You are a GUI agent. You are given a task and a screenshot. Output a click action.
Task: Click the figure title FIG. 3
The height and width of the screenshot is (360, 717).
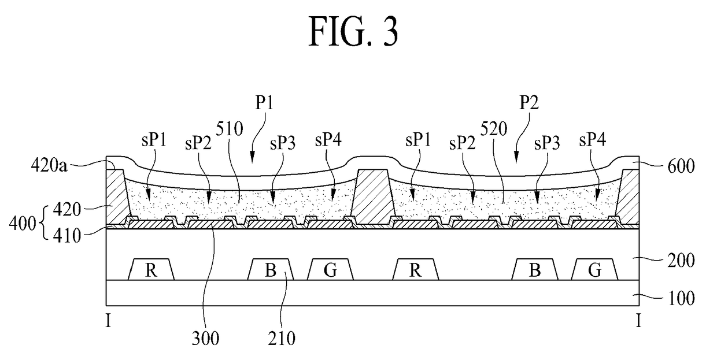353,32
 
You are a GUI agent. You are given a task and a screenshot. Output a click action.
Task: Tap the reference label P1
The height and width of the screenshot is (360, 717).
264,103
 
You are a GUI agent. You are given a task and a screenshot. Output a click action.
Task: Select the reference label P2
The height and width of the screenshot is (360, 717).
529,103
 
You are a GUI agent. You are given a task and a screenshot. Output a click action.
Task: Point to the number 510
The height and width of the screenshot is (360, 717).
230,129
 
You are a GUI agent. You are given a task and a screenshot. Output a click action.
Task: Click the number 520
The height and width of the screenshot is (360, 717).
494,129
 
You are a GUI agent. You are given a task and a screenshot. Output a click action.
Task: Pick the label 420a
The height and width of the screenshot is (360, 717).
49,166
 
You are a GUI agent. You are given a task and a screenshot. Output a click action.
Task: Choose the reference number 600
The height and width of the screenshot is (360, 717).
681,166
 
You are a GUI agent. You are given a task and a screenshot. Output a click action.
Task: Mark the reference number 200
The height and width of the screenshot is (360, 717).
681,260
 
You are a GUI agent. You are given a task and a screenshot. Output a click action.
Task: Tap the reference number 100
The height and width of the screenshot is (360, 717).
681,298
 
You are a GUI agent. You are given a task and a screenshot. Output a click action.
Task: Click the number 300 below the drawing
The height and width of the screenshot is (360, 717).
205,338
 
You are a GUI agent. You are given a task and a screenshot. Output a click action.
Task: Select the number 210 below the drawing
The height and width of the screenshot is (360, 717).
282,338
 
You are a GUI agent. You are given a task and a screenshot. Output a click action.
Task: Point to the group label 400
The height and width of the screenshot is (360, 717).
23,224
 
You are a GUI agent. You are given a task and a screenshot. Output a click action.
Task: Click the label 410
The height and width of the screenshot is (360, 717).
67,236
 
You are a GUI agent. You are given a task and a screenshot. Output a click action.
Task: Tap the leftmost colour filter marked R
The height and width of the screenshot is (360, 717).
151,269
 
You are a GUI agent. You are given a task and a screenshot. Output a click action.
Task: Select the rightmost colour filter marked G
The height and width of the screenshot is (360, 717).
595,269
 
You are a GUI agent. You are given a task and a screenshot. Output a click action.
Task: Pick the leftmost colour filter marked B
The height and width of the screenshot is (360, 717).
271,269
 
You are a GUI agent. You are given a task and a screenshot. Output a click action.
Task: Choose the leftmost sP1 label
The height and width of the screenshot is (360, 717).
154,140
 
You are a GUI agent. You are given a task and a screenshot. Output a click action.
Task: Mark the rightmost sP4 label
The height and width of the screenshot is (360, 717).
593,140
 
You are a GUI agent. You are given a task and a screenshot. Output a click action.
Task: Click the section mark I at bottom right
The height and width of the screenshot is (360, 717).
638,320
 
